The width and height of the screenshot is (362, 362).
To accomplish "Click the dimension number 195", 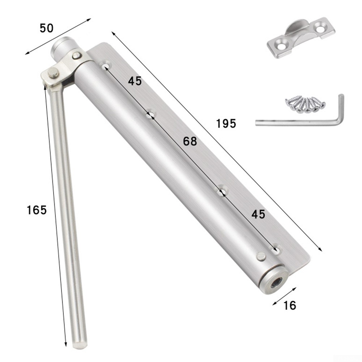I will coord(226,124).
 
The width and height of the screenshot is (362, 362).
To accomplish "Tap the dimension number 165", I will coord(37,210).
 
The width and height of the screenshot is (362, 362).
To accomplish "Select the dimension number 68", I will coord(190,141).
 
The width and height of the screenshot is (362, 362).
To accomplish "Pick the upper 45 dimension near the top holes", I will coord(135,81).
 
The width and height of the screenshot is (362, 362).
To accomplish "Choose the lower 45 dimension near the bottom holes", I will coord(258,214).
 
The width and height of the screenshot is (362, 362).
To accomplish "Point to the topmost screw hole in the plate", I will coord(106,66).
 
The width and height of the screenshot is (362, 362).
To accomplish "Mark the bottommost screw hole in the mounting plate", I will coord(276,249).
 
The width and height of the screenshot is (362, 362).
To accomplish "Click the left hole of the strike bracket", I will coord(280,45).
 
